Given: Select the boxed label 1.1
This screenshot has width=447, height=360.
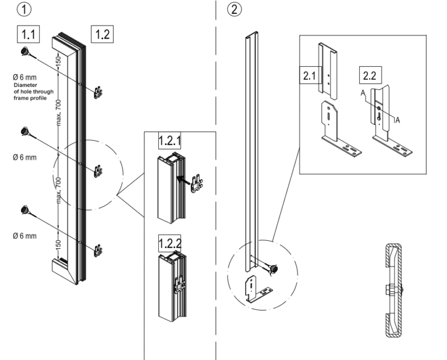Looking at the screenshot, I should pyautogui.click(x=27, y=34).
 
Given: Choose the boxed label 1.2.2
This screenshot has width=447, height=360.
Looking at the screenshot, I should pyautogui.click(x=170, y=240).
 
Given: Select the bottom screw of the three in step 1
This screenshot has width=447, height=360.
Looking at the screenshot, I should pyautogui.click(x=26, y=210).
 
